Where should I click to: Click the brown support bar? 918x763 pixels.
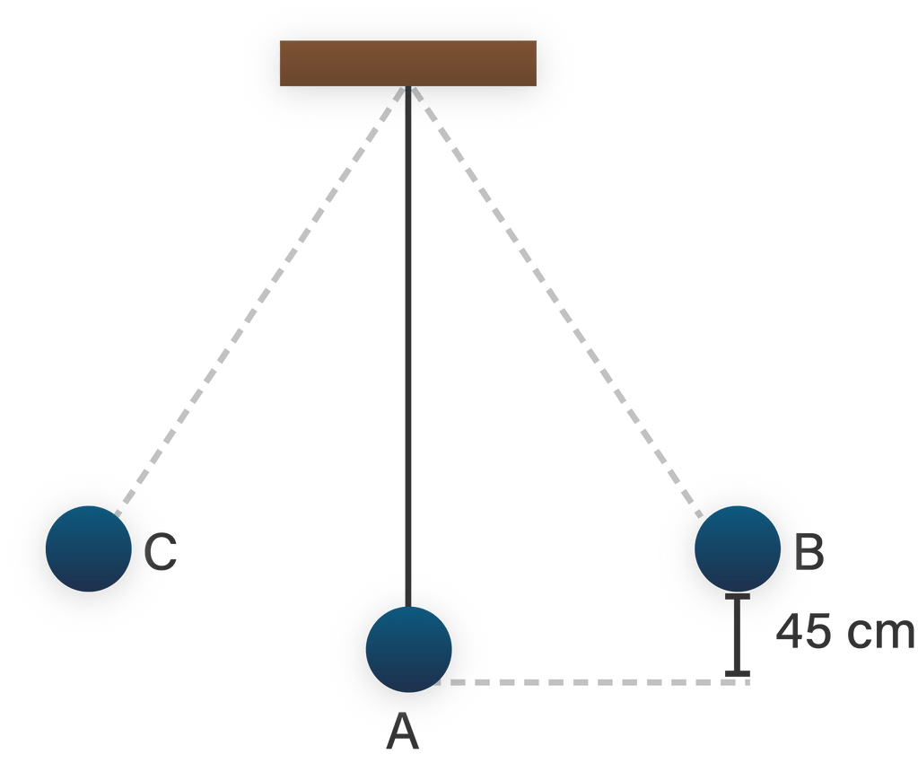pyautogui.click(x=408, y=63)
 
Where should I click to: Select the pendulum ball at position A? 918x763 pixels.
pyautogui.click(x=408, y=649)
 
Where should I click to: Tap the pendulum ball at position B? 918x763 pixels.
pyautogui.click(x=738, y=548)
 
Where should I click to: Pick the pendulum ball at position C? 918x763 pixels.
pyautogui.click(x=89, y=548)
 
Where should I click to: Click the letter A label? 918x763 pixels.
pyautogui.click(x=403, y=735)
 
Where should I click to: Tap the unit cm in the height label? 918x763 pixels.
pyautogui.click(x=881, y=634)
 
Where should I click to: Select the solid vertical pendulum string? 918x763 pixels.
pyautogui.click(x=408, y=341)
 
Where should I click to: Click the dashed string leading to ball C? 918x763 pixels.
pyautogui.click(x=260, y=296)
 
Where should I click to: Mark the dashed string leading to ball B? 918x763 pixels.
pyautogui.click(x=556, y=296)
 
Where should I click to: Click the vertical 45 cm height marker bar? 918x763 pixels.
pyautogui.click(x=738, y=634)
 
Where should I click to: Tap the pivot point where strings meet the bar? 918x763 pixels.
pyautogui.click(x=408, y=88)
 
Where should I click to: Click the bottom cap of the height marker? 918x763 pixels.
pyautogui.click(x=738, y=672)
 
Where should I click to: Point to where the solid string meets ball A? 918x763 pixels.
pyautogui.click(x=408, y=607)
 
